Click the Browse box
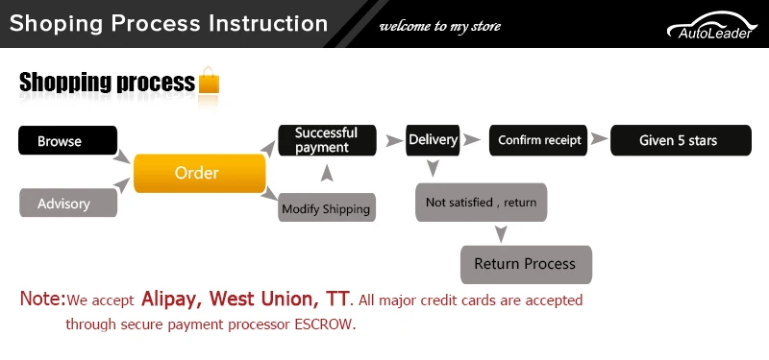[x=67, y=140]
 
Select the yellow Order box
[x=200, y=174]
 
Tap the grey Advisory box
[x=68, y=203]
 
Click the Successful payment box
[x=327, y=140]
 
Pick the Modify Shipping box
[x=327, y=207]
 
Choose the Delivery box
[x=433, y=140]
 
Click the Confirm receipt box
[x=538, y=140]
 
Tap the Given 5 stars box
[x=681, y=140]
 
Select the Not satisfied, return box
[x=482, y=203]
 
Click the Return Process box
[x=526, y=265]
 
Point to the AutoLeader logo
[x=712, y=26]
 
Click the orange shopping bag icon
[x=209, y=81]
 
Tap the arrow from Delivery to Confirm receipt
[x=472, y=140]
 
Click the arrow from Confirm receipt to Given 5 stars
[x=599, y=139]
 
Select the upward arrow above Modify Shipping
[x=327, y=174]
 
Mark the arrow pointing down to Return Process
[x=501, y=234]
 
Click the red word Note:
[x=42, y=299]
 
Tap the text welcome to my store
[x=440, y=26]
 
